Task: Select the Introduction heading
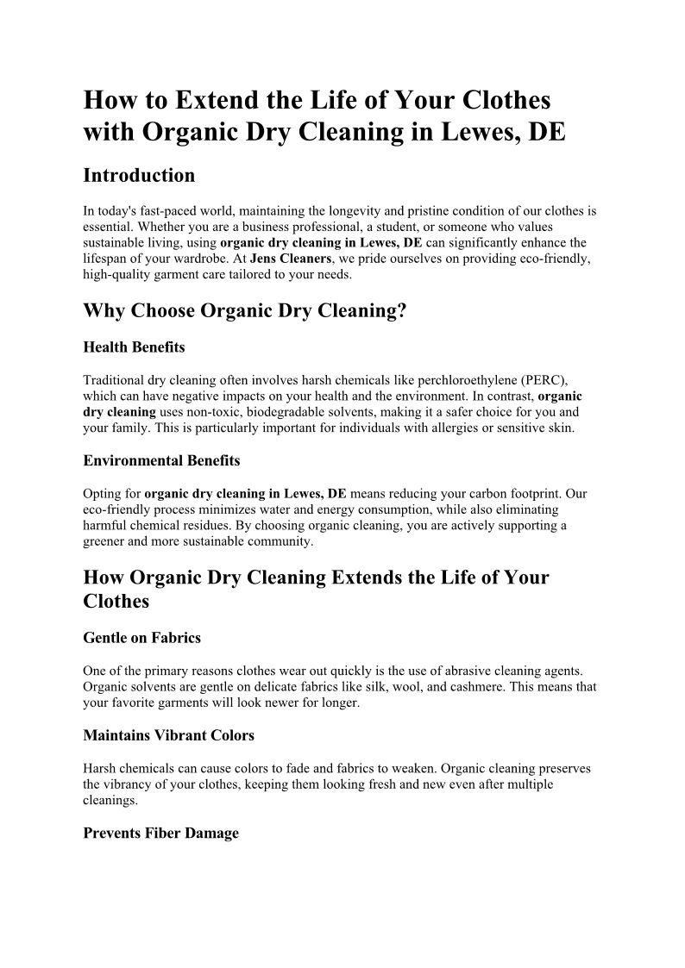(139, 176)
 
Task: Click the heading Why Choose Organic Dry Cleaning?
(244, 311)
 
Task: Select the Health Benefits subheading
(134, 347)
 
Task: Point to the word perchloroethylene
(449, 380)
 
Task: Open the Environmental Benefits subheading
(161, 461)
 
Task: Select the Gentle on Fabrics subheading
(142, 639)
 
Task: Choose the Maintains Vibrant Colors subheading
(168, 736)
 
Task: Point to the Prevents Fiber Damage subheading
(160, 834)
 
